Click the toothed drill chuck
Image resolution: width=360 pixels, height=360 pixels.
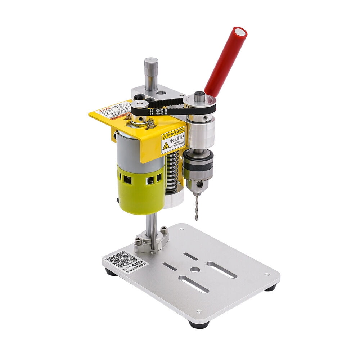198,169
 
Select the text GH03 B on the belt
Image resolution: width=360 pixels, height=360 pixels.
162,113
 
